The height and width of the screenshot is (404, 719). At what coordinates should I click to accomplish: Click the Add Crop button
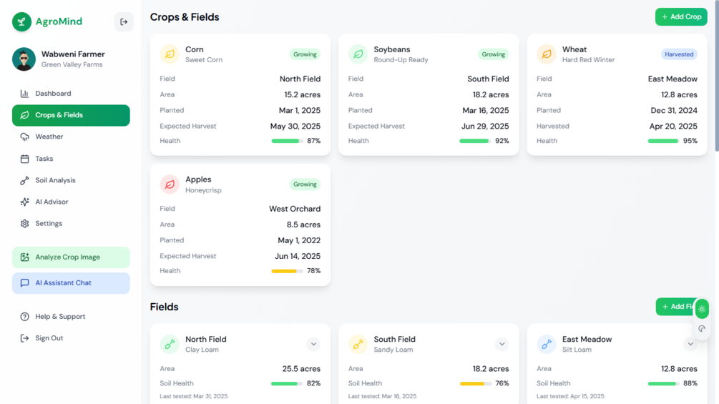tap(680, 16)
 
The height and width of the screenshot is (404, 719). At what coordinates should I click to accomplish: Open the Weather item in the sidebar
tap(49, 137)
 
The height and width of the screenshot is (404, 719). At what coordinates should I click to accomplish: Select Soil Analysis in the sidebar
tap(55, 180)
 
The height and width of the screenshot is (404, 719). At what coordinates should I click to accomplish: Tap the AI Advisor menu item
tap(52, 202)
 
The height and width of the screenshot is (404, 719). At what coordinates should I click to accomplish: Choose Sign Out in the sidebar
tap(49, 338)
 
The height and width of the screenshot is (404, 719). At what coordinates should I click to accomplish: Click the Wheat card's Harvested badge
tap(678, 54)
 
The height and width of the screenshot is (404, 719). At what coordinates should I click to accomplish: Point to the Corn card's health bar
tap(287, 141)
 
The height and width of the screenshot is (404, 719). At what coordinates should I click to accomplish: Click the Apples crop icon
tap(170, 184)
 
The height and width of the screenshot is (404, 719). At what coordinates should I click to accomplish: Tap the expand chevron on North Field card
tap(313, 344)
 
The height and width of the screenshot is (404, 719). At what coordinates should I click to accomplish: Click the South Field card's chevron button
tap(502, 344)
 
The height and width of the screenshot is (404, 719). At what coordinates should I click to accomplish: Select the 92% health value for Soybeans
tap(502, 141)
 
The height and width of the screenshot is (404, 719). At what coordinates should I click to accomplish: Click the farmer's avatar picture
tap(24, 59)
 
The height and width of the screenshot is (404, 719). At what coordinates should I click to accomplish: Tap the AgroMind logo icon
tap(21, 21)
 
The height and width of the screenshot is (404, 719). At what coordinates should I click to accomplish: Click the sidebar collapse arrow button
tap(124, 21)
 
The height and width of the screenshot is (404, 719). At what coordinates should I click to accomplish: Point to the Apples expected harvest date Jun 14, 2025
tap(297, 256)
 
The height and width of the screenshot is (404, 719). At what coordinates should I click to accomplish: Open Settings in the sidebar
tap(49, 224)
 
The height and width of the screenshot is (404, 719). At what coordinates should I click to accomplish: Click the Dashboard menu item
tap(53, 94)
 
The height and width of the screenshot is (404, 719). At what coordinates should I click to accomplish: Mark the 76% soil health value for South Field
tap(502, 383)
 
